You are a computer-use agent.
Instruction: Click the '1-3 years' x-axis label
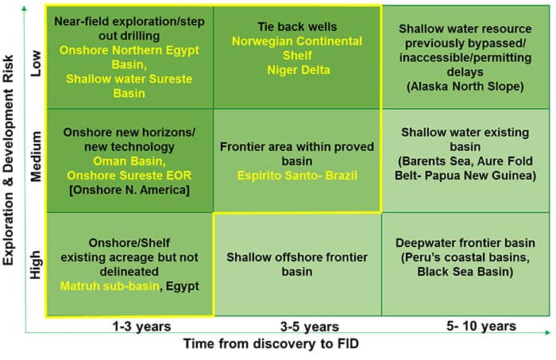click(x=141, y=327)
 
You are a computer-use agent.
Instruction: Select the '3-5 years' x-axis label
click(x=310, y=327)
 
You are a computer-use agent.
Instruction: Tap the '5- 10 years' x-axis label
click(x=481, y=326)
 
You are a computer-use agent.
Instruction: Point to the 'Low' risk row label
click(x=36, y=64)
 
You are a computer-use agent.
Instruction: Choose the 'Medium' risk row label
click(x=36, y=157)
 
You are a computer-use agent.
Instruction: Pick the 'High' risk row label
click(x=36, y=265)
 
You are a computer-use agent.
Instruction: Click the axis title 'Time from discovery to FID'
click(x=272, y=343)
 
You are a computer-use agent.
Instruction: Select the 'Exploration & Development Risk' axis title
click(x=8, y=160)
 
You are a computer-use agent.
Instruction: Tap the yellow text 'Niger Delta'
click(x=299, y=70)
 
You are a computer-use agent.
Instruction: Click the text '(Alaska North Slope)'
click(x=465, y=86)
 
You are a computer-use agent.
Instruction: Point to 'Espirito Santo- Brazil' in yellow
click(x=297, y=176)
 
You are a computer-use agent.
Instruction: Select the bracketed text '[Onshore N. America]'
click(x=129, y=190)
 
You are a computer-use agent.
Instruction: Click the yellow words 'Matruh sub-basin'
click(x=110, y=286)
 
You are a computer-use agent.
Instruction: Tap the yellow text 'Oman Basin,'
click(x=129, y=161)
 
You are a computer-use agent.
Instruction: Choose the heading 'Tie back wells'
click(x=297, y=26)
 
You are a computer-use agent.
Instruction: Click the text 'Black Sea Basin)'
click(x=465, y=272)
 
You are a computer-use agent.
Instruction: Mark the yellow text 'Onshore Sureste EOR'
click(x=129, y=175)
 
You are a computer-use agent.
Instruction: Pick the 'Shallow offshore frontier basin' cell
click(x=297, y=264)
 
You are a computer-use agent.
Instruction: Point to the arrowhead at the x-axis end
click(x=548, y=332)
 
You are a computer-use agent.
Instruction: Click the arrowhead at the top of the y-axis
click(x=24, y=8)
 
